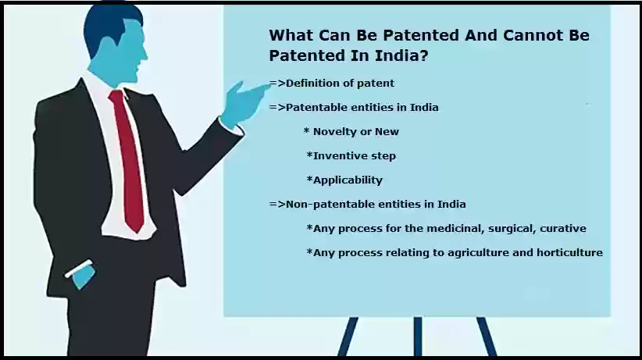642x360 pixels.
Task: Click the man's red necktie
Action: tap(128, 160)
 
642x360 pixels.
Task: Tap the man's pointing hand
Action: tap(244, 103)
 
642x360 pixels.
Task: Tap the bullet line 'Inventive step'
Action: tap(351, 156)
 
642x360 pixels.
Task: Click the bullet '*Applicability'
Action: tap(344, 180)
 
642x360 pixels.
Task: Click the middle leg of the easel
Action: tap(418, 337)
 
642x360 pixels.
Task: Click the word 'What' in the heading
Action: tap(291, 35)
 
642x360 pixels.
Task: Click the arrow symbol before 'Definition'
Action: tap(277, 84)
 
